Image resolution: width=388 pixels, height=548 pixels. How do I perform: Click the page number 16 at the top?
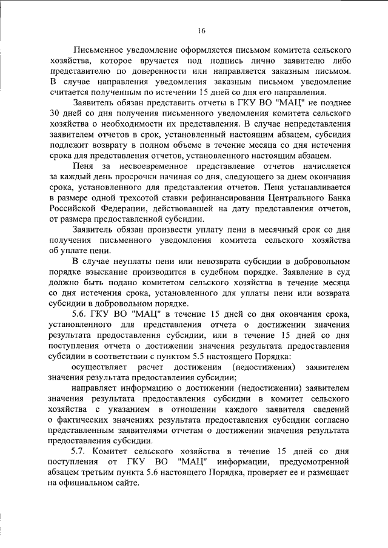pyautogui.click(x=201, y=31)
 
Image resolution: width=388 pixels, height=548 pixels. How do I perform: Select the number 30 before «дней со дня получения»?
pyautogui.click(x=54, y=114)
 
